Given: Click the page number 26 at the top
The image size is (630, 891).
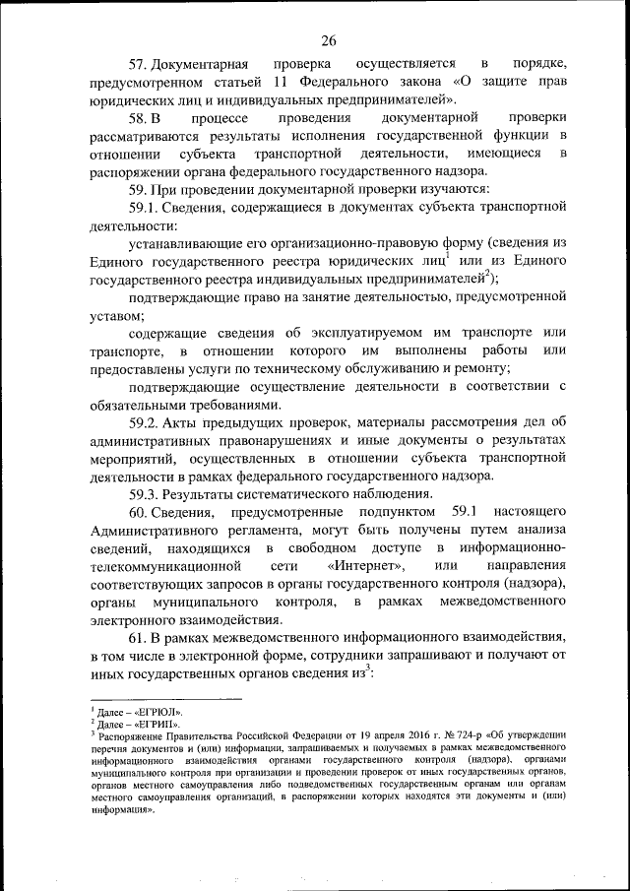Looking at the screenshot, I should tap(328, 40).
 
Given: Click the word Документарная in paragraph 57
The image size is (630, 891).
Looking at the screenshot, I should tap(208, 64).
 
